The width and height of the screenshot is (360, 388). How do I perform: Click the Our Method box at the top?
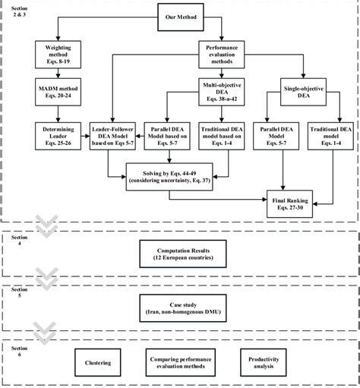click(x=179, y=14)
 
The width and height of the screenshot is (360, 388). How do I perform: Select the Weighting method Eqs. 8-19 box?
click(x=54, y=52)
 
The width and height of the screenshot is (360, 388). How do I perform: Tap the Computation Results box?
click(x=191, y=252)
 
